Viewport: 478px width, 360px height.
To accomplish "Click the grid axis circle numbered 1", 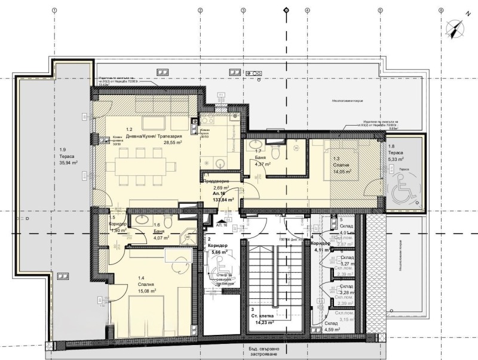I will pyautogui.click(x=54, y=10).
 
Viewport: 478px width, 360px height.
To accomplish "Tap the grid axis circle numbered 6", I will pyautogui.click(x=441, y=10).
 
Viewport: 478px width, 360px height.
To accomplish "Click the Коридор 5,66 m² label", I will pyautogui.click(x=215, y=248).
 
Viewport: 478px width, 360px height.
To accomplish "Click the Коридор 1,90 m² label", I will pyautogui.click(x=117, y=225).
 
